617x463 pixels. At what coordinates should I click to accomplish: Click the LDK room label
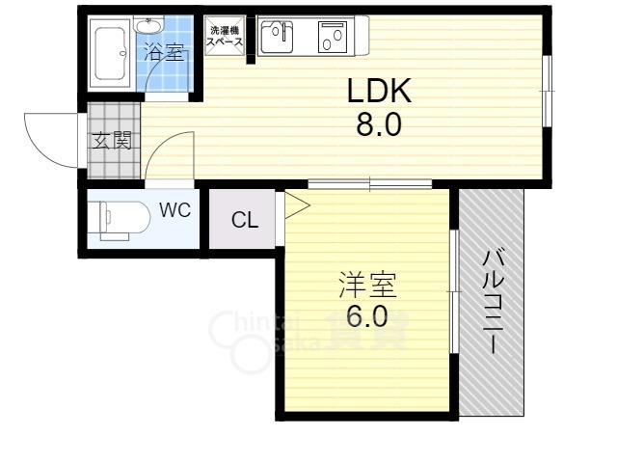pyautogui.click(x=379, y=91)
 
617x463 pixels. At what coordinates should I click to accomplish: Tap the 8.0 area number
pyautogui.click(x=379, y=123)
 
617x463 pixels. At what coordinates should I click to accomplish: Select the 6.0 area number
pyautogui.click(x=366, y=316)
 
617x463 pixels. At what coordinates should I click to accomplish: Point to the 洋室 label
pyautogui.click(x=367, y=285)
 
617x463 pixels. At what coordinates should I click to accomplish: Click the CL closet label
pyautogui.click(x=245, y=220)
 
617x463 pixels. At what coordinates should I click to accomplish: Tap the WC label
pyautogui.click(x=175, y=210)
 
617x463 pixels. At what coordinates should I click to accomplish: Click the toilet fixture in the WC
pyautogui.click(x=119, y=221)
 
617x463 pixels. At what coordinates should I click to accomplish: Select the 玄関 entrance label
pyautogui.click(x=112, y=141)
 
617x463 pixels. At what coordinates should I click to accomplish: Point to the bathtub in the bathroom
pyautogui.click(x=110, y=53)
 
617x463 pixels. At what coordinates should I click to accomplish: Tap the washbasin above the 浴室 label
pyautogui.click(x=148, y=26)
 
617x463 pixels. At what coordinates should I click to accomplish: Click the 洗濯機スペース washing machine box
pyautogui.click(x=225, y=36)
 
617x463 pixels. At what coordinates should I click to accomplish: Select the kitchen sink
pyautogui.click(x=277, y=37)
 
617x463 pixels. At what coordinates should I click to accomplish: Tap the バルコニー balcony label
pyautogui.click(x=493, y=302)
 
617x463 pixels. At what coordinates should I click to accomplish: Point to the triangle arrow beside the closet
pyautogui.click(x=297, y=205)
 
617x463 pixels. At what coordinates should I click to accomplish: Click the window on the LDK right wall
pyautogui.click(x=547, y=91)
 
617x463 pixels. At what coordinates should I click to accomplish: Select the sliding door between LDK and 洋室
pyautogui.click(x=370, y=184)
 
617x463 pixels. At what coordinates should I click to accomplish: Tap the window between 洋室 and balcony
pyautogui.click(x=454, y=291)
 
